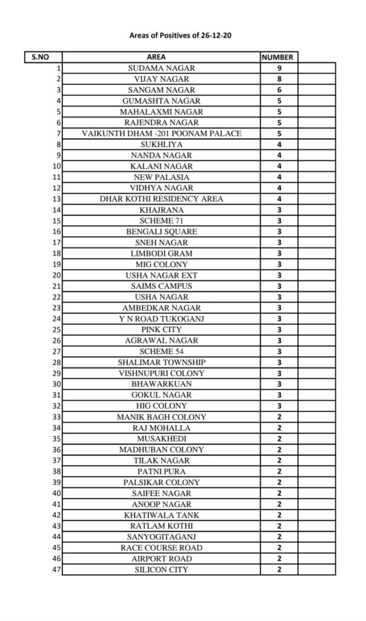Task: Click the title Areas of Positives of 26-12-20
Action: click(181, 36)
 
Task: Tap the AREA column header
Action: click(161, 58)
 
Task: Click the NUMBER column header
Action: click(278, 58)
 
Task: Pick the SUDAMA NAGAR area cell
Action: click(161, 69)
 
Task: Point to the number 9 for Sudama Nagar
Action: click(279, 69)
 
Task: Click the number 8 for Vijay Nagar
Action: click(279, 79)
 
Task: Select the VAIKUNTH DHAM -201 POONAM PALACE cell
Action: click(161, 133)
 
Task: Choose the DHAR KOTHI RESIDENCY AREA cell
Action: click(161, 199)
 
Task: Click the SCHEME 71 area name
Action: click(161, 221)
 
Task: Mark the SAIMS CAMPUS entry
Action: click(161, 286)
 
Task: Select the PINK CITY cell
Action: click(161, 329)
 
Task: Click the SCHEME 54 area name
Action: click(161, 351)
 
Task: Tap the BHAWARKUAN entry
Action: click(161, 384)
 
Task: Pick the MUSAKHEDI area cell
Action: click(161, 438)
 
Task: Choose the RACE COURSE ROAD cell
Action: click(161, 548)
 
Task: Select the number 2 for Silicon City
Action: click(279, 569)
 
